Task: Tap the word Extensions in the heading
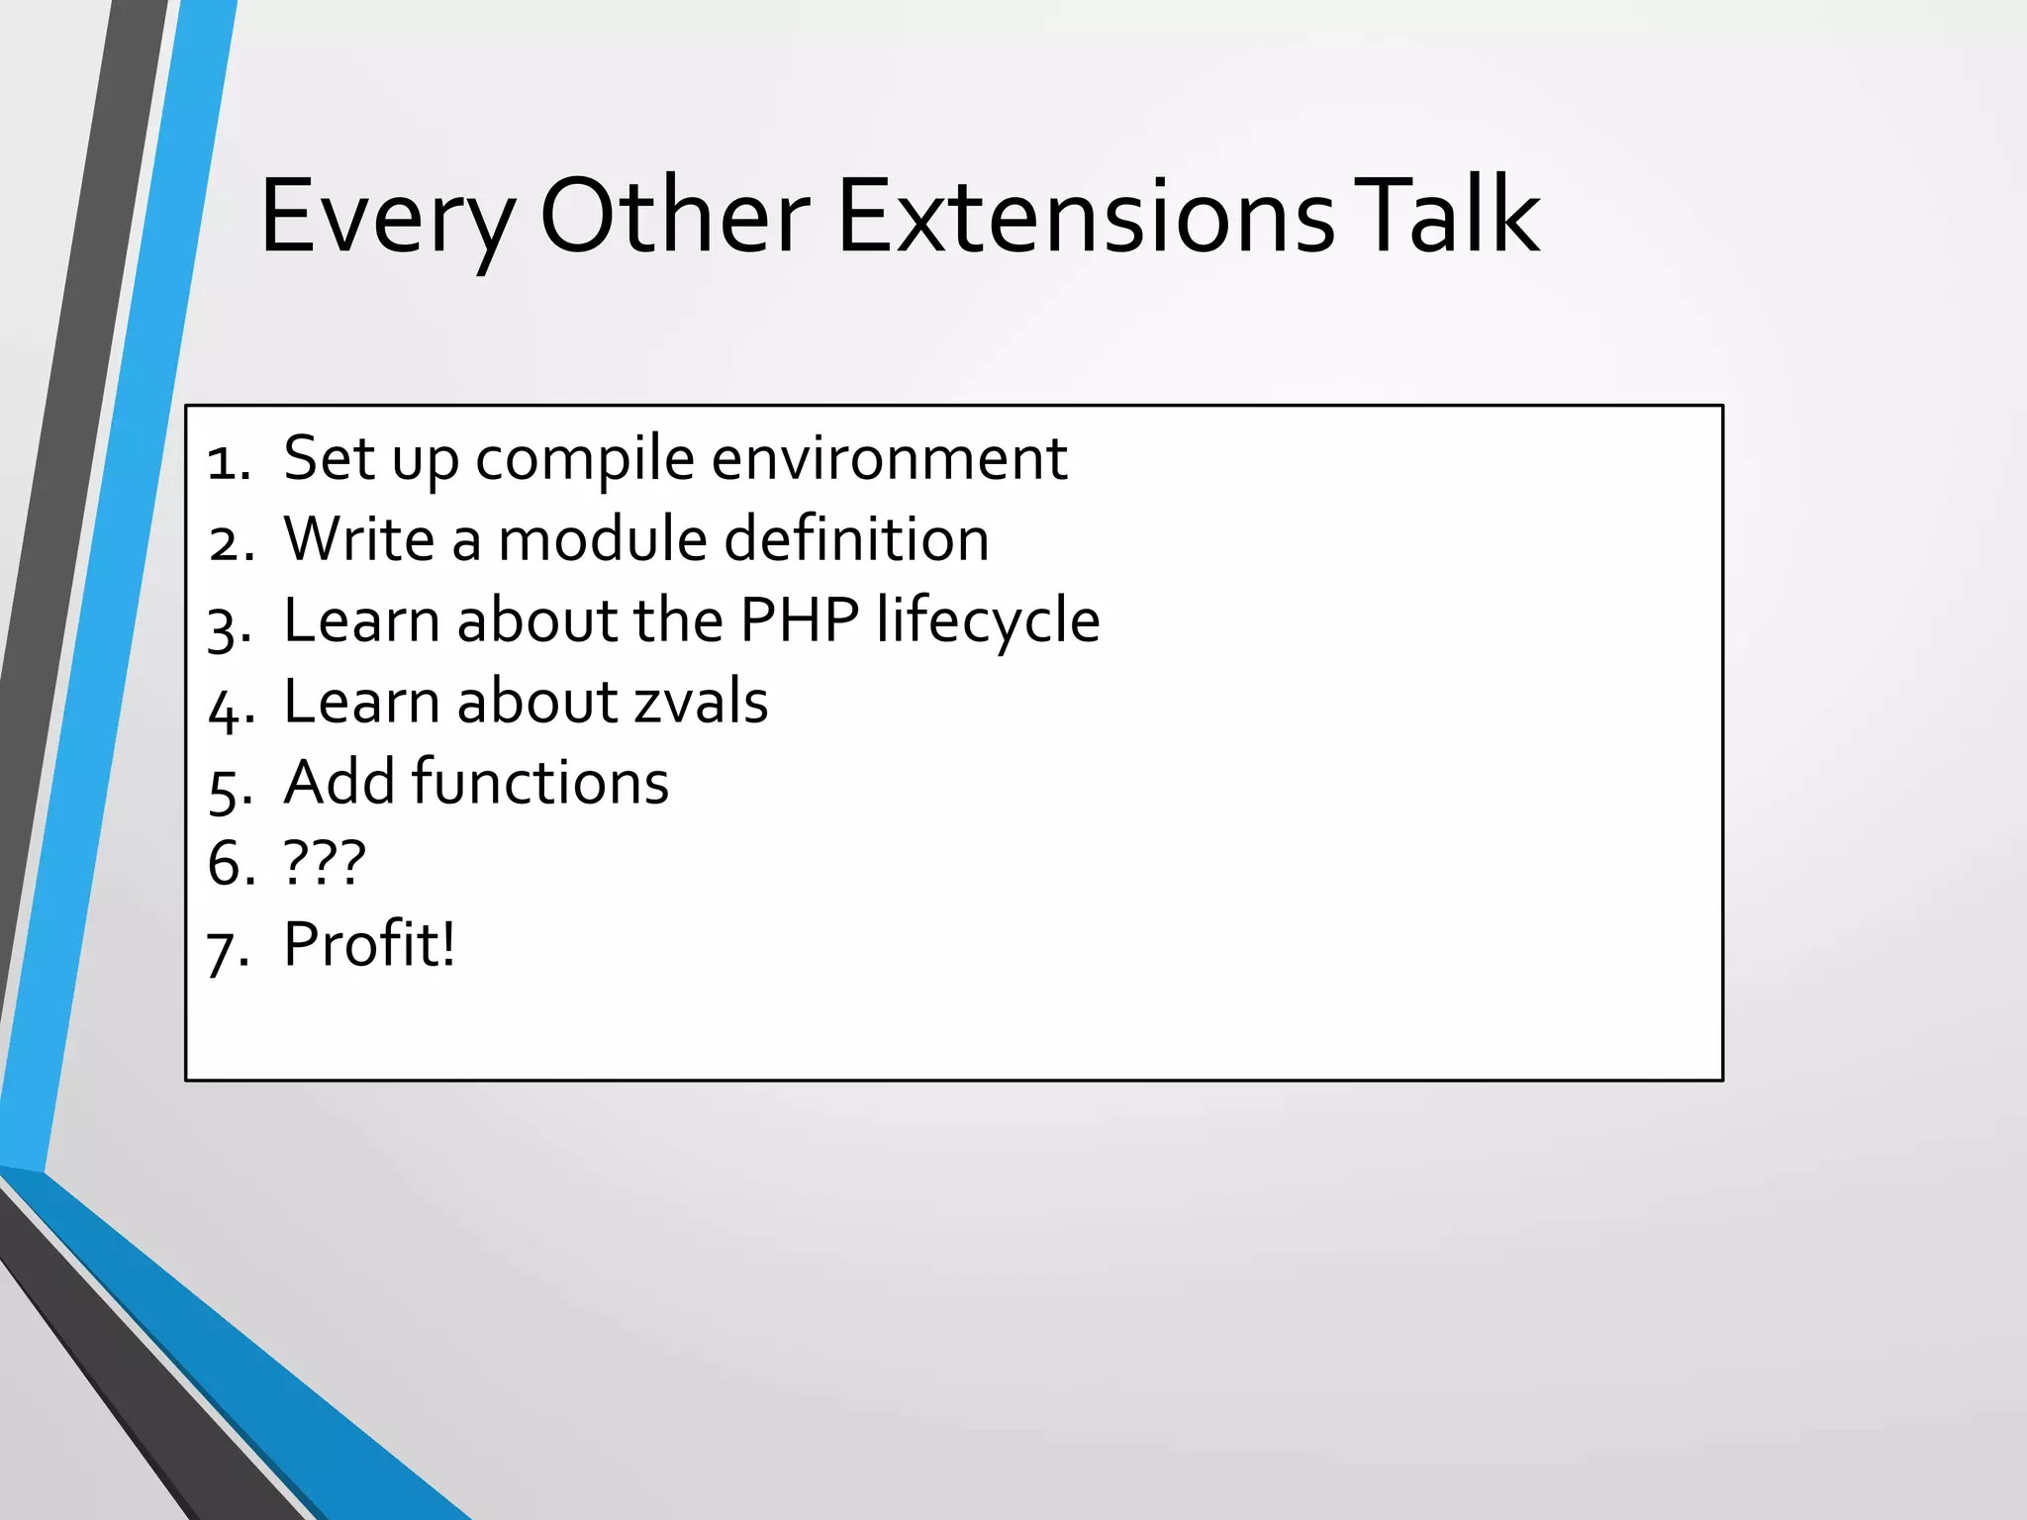click(1086, 216)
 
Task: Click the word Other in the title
click(674, 216)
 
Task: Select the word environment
click(889, 459)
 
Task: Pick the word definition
click(856, 539)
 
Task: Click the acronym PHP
click(800, 620)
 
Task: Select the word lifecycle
click(987, 622)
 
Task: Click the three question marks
click(325, 863)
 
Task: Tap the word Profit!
click(369, 944)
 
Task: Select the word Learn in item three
click(361, 620)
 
